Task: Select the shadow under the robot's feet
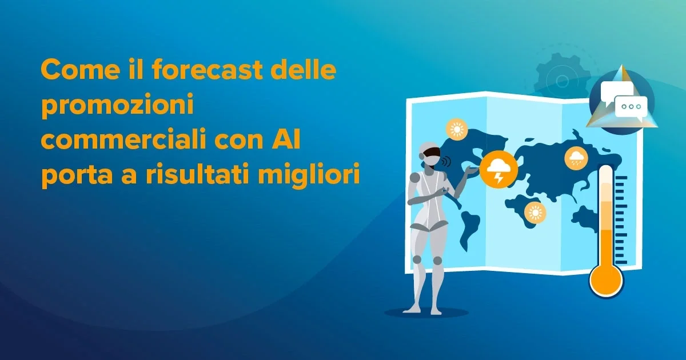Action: [x=426, y=313]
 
